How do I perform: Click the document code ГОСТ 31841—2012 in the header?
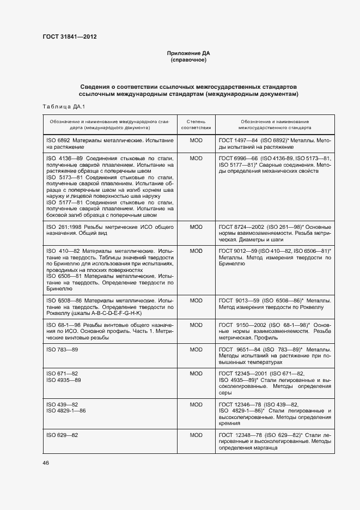[x=70, y=37]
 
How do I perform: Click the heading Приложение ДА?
[x=188, y=53]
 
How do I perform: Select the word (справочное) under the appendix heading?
[x=188, y=60]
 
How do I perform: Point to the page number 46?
[x=45, y=463]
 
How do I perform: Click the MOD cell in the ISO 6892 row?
[x=196, y=140]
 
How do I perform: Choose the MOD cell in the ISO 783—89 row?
[x=196, y=348]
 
